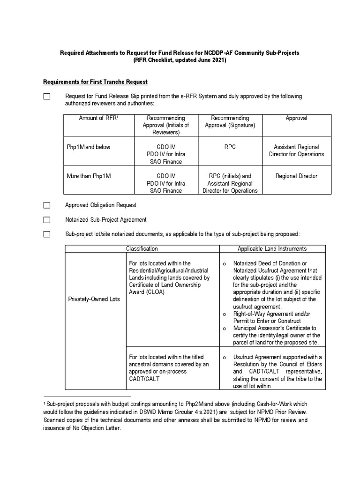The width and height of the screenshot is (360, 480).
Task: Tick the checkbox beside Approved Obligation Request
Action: (x=47, y=205)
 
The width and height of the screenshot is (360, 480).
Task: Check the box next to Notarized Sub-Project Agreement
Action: (x=47, y=219)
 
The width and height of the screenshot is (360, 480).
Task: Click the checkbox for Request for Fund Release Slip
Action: (x=47, y=97)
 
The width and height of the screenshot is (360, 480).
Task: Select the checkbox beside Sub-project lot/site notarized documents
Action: (x=47, y=234)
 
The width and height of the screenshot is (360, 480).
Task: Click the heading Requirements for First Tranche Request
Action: (x=95, y=82)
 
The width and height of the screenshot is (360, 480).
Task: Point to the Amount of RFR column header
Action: (x=99, y=118)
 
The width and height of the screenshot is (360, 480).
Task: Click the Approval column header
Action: (x=296, y=118)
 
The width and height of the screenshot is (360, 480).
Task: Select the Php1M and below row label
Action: (x=89, y=147)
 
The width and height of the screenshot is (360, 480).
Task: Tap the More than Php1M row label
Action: (x=90, y=176)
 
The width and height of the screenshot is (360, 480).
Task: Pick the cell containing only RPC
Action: (x=230, y=147)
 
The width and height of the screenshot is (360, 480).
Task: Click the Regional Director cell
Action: (x=296, y=176)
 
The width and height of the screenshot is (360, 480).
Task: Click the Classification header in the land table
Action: (x=142, y=248)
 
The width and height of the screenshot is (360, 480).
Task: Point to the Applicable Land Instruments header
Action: (x=272, y=248)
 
